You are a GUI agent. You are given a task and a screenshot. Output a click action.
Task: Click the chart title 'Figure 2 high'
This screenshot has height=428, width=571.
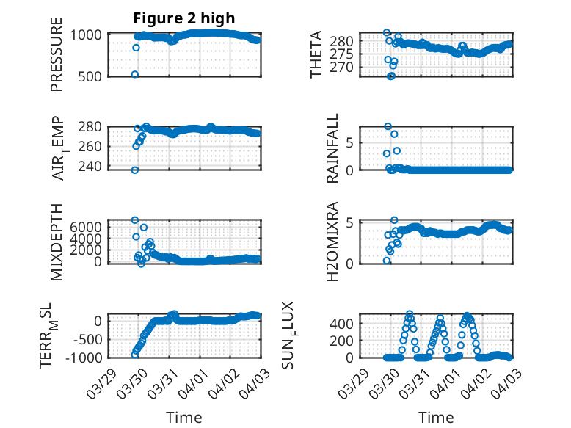[x=184, y=18]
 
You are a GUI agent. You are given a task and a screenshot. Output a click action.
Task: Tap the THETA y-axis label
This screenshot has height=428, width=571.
[x=316, y=54]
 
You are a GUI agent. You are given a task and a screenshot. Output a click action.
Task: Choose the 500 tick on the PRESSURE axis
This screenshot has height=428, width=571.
[x=92, y=76]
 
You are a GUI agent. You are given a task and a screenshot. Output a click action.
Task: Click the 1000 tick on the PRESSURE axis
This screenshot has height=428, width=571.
[x=89, y=35]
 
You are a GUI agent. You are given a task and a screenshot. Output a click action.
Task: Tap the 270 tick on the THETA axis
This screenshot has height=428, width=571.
[x=344, y=67]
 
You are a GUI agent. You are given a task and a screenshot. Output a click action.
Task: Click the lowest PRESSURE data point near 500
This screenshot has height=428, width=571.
[x=135, y=74]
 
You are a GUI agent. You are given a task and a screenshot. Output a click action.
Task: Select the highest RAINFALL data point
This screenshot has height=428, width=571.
[x=388, y=126]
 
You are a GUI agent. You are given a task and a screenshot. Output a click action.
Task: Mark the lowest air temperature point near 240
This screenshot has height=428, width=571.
[x=135, y=170]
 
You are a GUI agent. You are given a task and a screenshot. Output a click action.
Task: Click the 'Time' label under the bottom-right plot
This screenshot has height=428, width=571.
[x=436, y=418]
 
